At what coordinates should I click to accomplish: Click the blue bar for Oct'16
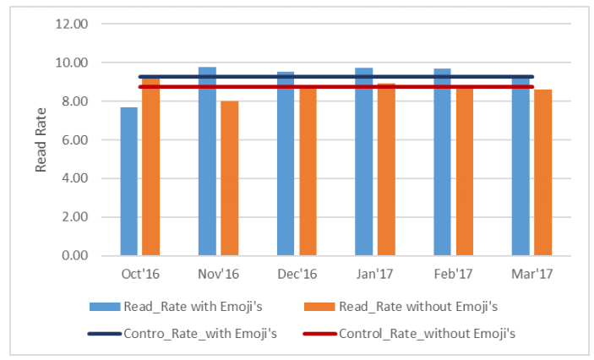(128, 182)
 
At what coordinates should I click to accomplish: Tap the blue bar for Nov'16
(207, 161)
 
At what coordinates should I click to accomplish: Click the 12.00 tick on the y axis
(71, 24)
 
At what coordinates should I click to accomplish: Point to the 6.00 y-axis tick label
(74, 139)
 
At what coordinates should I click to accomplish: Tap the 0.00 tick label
(74, 255)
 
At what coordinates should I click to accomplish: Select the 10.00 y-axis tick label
(71, 63)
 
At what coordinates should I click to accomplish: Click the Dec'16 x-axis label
(296, 275)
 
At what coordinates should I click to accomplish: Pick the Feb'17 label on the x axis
(453, 275)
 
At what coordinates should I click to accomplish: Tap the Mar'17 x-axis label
(531, 275)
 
